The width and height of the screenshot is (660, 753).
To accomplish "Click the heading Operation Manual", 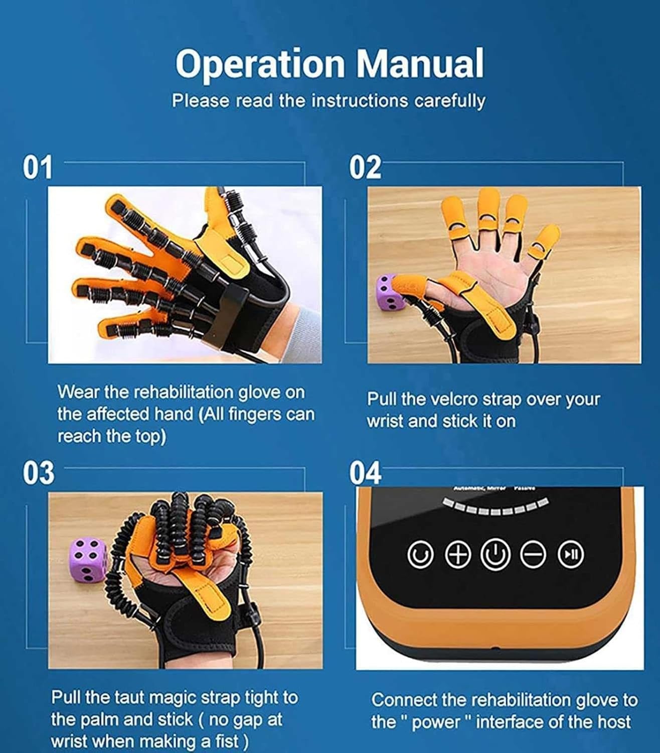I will point(329,64).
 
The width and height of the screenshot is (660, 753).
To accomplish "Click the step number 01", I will point(38,168).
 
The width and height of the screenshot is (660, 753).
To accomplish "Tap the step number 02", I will point(365,168).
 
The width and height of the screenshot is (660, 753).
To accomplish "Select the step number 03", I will point(38,473).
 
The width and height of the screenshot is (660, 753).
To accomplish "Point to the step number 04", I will point(366,473).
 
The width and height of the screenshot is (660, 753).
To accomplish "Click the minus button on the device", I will point(533,554).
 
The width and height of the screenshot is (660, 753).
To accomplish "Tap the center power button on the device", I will point(496,554).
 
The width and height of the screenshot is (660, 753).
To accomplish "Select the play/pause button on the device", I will point(571,554).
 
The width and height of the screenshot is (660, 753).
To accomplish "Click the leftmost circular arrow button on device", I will point(420,554).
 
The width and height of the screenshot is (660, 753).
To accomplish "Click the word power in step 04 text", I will point(438,722).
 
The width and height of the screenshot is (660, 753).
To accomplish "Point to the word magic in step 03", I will point(172,697).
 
